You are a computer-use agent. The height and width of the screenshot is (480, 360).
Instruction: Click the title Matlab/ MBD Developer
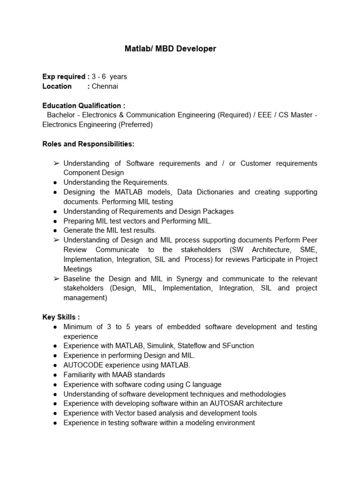(x=170, y=49)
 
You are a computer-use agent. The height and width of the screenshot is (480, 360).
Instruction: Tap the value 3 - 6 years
(x=109, y=76)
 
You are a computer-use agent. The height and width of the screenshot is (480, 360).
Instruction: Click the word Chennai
(x=105, y=86)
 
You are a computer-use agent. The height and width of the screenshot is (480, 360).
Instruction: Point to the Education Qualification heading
(x=83, y=105)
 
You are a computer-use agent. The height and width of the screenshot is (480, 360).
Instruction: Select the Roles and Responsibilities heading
(x=88, y=143)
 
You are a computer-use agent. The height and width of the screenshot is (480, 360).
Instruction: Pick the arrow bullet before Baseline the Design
(x=56, y=278)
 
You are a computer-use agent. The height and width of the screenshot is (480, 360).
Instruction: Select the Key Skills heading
(x=61, y=317)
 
